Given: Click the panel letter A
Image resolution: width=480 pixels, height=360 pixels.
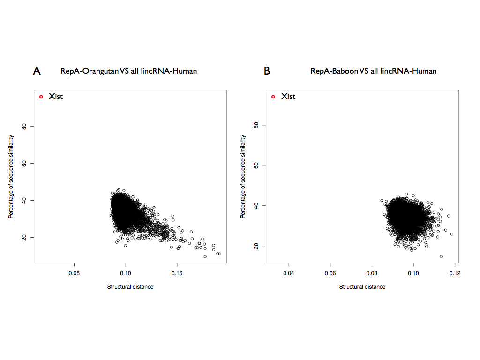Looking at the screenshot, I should [x=37, y=71].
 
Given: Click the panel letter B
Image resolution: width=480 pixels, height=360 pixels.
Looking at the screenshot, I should [x=267, y=71].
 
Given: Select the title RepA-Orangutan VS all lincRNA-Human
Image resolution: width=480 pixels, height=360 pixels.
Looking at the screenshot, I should [x=128, y=71].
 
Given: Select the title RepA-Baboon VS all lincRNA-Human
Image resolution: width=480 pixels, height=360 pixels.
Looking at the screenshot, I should [x=373, y=71].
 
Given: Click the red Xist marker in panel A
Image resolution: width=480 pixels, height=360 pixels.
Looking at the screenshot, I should [x=41, y=97].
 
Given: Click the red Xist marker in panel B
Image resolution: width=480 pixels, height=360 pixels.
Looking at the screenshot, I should [x=273, y=97].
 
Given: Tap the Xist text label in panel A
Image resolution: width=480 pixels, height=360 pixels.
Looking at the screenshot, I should [x=56, y=97].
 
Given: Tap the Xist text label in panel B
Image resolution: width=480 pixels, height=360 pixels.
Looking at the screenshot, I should [x=288, y=97].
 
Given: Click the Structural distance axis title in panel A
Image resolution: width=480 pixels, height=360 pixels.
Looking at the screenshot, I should [x=130, y=287].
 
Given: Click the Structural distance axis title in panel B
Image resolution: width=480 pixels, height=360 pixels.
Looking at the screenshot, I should [x=362, y=287].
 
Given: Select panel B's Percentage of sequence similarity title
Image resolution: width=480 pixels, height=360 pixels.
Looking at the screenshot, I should [x=243, y=176].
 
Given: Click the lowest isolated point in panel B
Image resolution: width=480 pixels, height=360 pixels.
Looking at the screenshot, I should [x=442, y=256].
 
